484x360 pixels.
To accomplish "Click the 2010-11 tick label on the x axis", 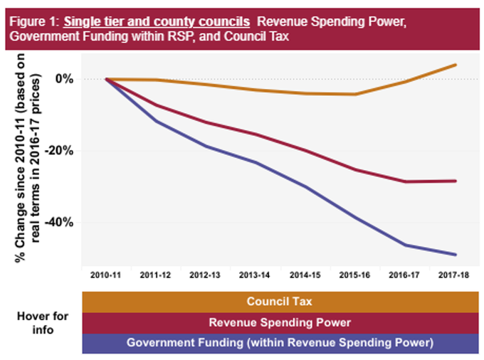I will click(105, 273).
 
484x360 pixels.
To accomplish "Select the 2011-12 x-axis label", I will click(155, 273).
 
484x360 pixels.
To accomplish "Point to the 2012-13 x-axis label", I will click(205, 273).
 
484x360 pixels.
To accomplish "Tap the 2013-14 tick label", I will click(255, 273).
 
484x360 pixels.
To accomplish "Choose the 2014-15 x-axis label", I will click(305, 273).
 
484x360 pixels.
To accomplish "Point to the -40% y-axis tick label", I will click(60, 222).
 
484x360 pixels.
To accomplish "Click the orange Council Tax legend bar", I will click(279, 302).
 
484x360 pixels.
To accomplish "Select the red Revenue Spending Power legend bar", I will click(279, 323).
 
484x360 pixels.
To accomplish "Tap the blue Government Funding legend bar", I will click(279, 343).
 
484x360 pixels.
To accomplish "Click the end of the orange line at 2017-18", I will click(455, 65).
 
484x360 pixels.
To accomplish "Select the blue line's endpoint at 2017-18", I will click(455, 255).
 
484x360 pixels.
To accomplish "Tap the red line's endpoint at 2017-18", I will click(455, 181).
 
